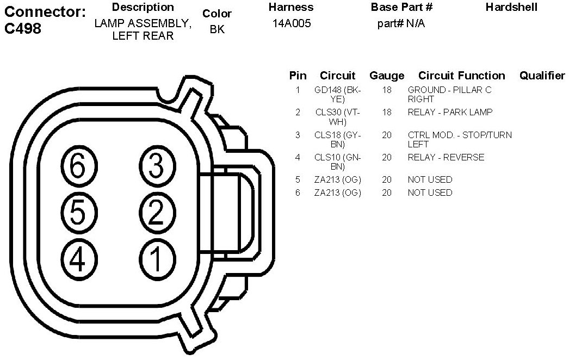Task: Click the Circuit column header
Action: (x=337, y=76)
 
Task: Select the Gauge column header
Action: (x=387, y=76)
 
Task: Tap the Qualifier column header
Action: (x=542, y=76)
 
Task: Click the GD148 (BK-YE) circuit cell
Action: (x=337, y=95)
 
